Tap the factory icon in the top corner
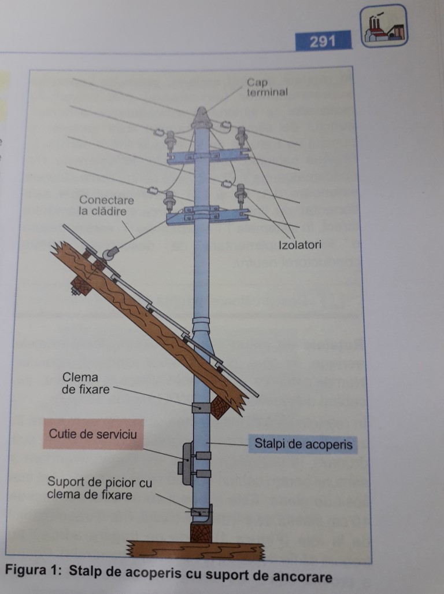coord(384,26)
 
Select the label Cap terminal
coord(267,87)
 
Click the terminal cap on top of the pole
coord(201,118)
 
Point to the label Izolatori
coord(300,245)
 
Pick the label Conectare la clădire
coord(106,206)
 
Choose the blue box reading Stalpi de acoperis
coord(303,445)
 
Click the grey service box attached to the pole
coord(186,463)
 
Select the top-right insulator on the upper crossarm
coord(241,137)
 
